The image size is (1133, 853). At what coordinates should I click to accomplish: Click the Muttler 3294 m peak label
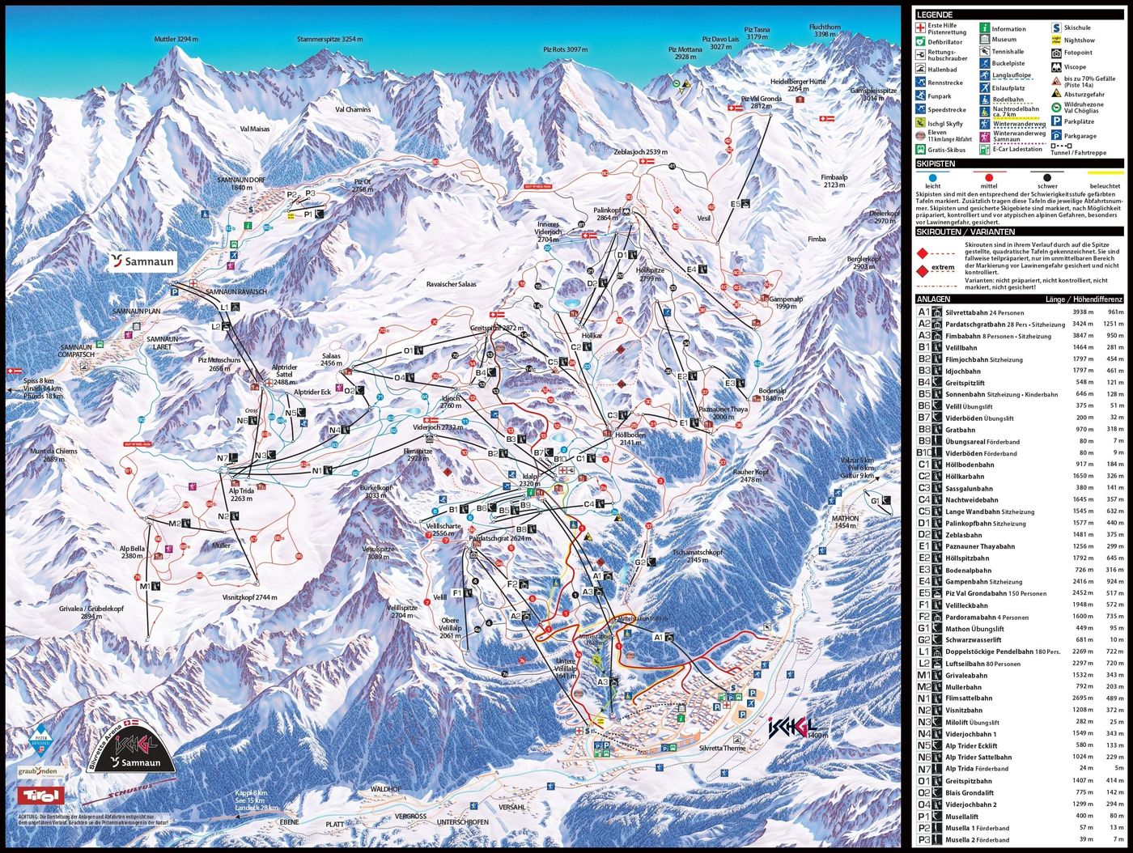(176, 39)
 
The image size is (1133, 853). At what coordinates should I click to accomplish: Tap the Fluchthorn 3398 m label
(825, 31)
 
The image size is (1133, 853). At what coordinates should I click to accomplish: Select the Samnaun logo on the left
(143, 261)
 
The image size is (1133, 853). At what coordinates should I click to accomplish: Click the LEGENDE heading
(935, 15)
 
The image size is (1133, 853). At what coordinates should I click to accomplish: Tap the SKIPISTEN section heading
(936, 163)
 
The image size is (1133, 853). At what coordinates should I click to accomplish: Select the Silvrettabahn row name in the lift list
(972, 312)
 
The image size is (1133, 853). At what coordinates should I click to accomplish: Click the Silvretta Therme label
(722, 749)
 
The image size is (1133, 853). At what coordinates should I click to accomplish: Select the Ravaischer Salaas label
(451, 284)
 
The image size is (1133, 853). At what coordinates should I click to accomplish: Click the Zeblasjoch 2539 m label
(640, 151)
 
